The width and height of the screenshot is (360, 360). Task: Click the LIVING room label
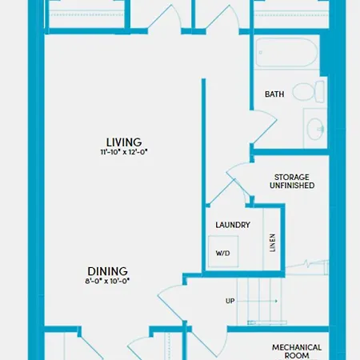pos(124,142)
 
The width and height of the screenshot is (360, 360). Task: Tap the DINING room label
pos(108,271)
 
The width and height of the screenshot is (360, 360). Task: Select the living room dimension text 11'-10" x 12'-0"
pos(124,152)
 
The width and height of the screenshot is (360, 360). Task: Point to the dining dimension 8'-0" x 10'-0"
pos(107,281)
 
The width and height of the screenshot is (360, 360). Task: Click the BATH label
pos(274,94)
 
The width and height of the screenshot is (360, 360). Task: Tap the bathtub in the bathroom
pos(286,52)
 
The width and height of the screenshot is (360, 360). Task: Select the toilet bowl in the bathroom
pos(303,91)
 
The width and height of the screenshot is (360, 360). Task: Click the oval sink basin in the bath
pos(315,129)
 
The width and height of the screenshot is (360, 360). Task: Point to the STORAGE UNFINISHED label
pos(292,182)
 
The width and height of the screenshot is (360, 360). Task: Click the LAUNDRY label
pos(233,225)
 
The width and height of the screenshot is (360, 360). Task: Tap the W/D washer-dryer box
pos(223,251)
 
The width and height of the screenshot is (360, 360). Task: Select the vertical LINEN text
pos(272,242)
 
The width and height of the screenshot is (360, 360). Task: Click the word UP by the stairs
pos(230,301)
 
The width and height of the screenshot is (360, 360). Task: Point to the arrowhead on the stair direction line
pos(276,301)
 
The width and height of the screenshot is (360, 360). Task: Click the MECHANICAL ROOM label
pos(297,351)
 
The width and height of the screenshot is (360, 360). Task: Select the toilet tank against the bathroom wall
pos(320,92)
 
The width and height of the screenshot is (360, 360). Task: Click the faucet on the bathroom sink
pos(322,130)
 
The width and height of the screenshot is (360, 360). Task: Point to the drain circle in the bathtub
pos(261,53)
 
